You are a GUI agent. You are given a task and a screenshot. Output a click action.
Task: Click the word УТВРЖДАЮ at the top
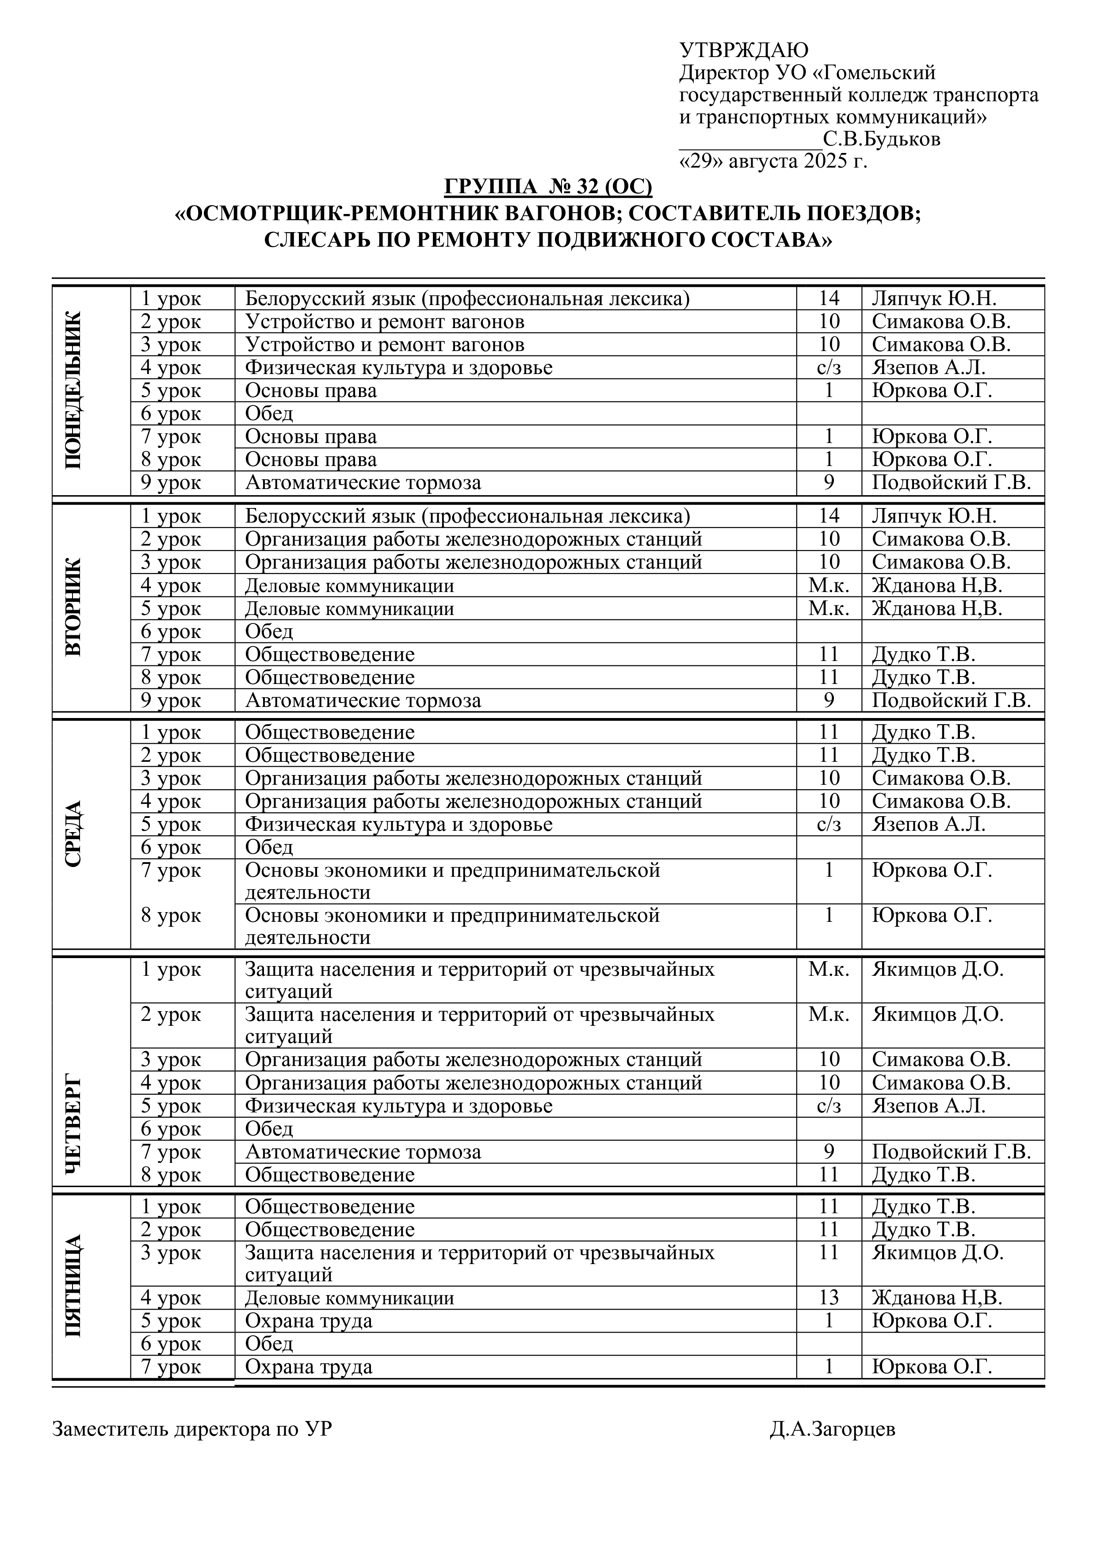(743, 50)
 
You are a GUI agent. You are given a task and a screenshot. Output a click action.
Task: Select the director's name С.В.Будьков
(882, 140)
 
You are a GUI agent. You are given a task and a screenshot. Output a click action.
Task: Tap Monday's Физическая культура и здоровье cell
(398, 367)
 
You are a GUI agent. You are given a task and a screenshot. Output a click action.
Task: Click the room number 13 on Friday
(829, 1298)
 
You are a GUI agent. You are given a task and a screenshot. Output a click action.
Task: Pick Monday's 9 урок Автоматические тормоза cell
(363, 482)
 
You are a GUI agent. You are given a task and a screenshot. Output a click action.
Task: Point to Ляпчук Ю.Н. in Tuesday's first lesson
(933, 516)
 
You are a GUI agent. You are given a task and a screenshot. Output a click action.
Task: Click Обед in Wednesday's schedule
(269, 847)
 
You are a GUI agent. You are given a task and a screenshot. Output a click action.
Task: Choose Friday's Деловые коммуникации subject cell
(349, 1298)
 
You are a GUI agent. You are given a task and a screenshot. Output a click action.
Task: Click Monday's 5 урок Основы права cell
(311, 390)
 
